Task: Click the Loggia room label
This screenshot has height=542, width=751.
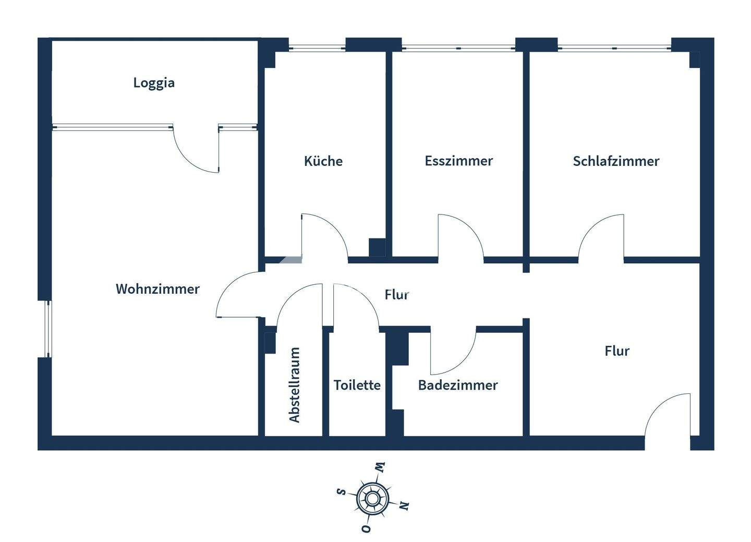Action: point(154,83)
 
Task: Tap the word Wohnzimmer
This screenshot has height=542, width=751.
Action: point(158,289)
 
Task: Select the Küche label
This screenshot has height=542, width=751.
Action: point(323,161)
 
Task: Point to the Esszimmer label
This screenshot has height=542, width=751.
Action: point(458,161)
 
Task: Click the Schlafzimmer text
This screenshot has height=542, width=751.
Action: point(616,161)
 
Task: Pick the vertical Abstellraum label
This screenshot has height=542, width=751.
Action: point(295,385)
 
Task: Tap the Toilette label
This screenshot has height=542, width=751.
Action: point(357,386)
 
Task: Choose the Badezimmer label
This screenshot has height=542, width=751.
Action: point(458,386)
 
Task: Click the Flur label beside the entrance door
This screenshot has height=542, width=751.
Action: point(617,351)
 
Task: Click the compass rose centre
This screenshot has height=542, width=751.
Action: point(371,499)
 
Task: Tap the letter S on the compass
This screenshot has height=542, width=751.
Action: point(341,491)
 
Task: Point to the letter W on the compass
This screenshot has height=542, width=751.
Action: point(380,467)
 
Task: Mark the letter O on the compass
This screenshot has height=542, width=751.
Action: point(366,529)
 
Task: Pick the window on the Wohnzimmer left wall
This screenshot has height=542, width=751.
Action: point(49,329)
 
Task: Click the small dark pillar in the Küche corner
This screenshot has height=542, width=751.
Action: point(377,247)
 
